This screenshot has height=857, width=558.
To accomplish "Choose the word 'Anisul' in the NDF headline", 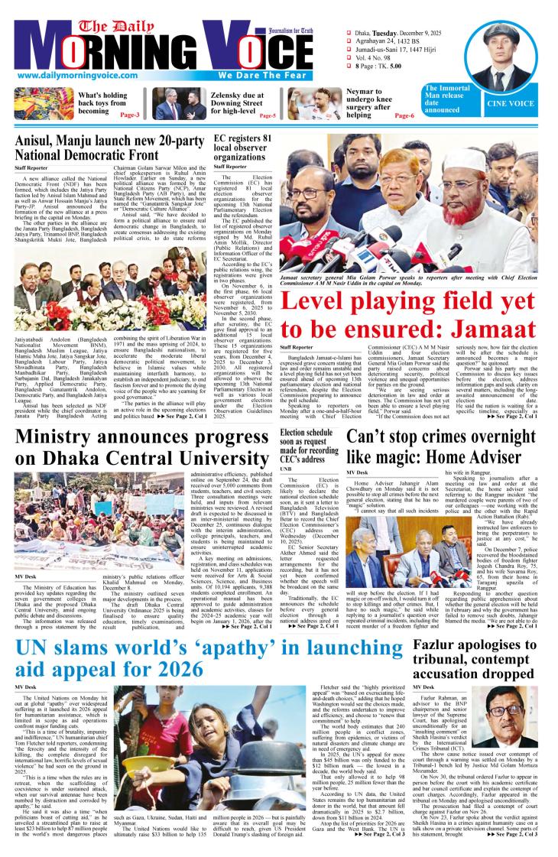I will click(37, 138).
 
